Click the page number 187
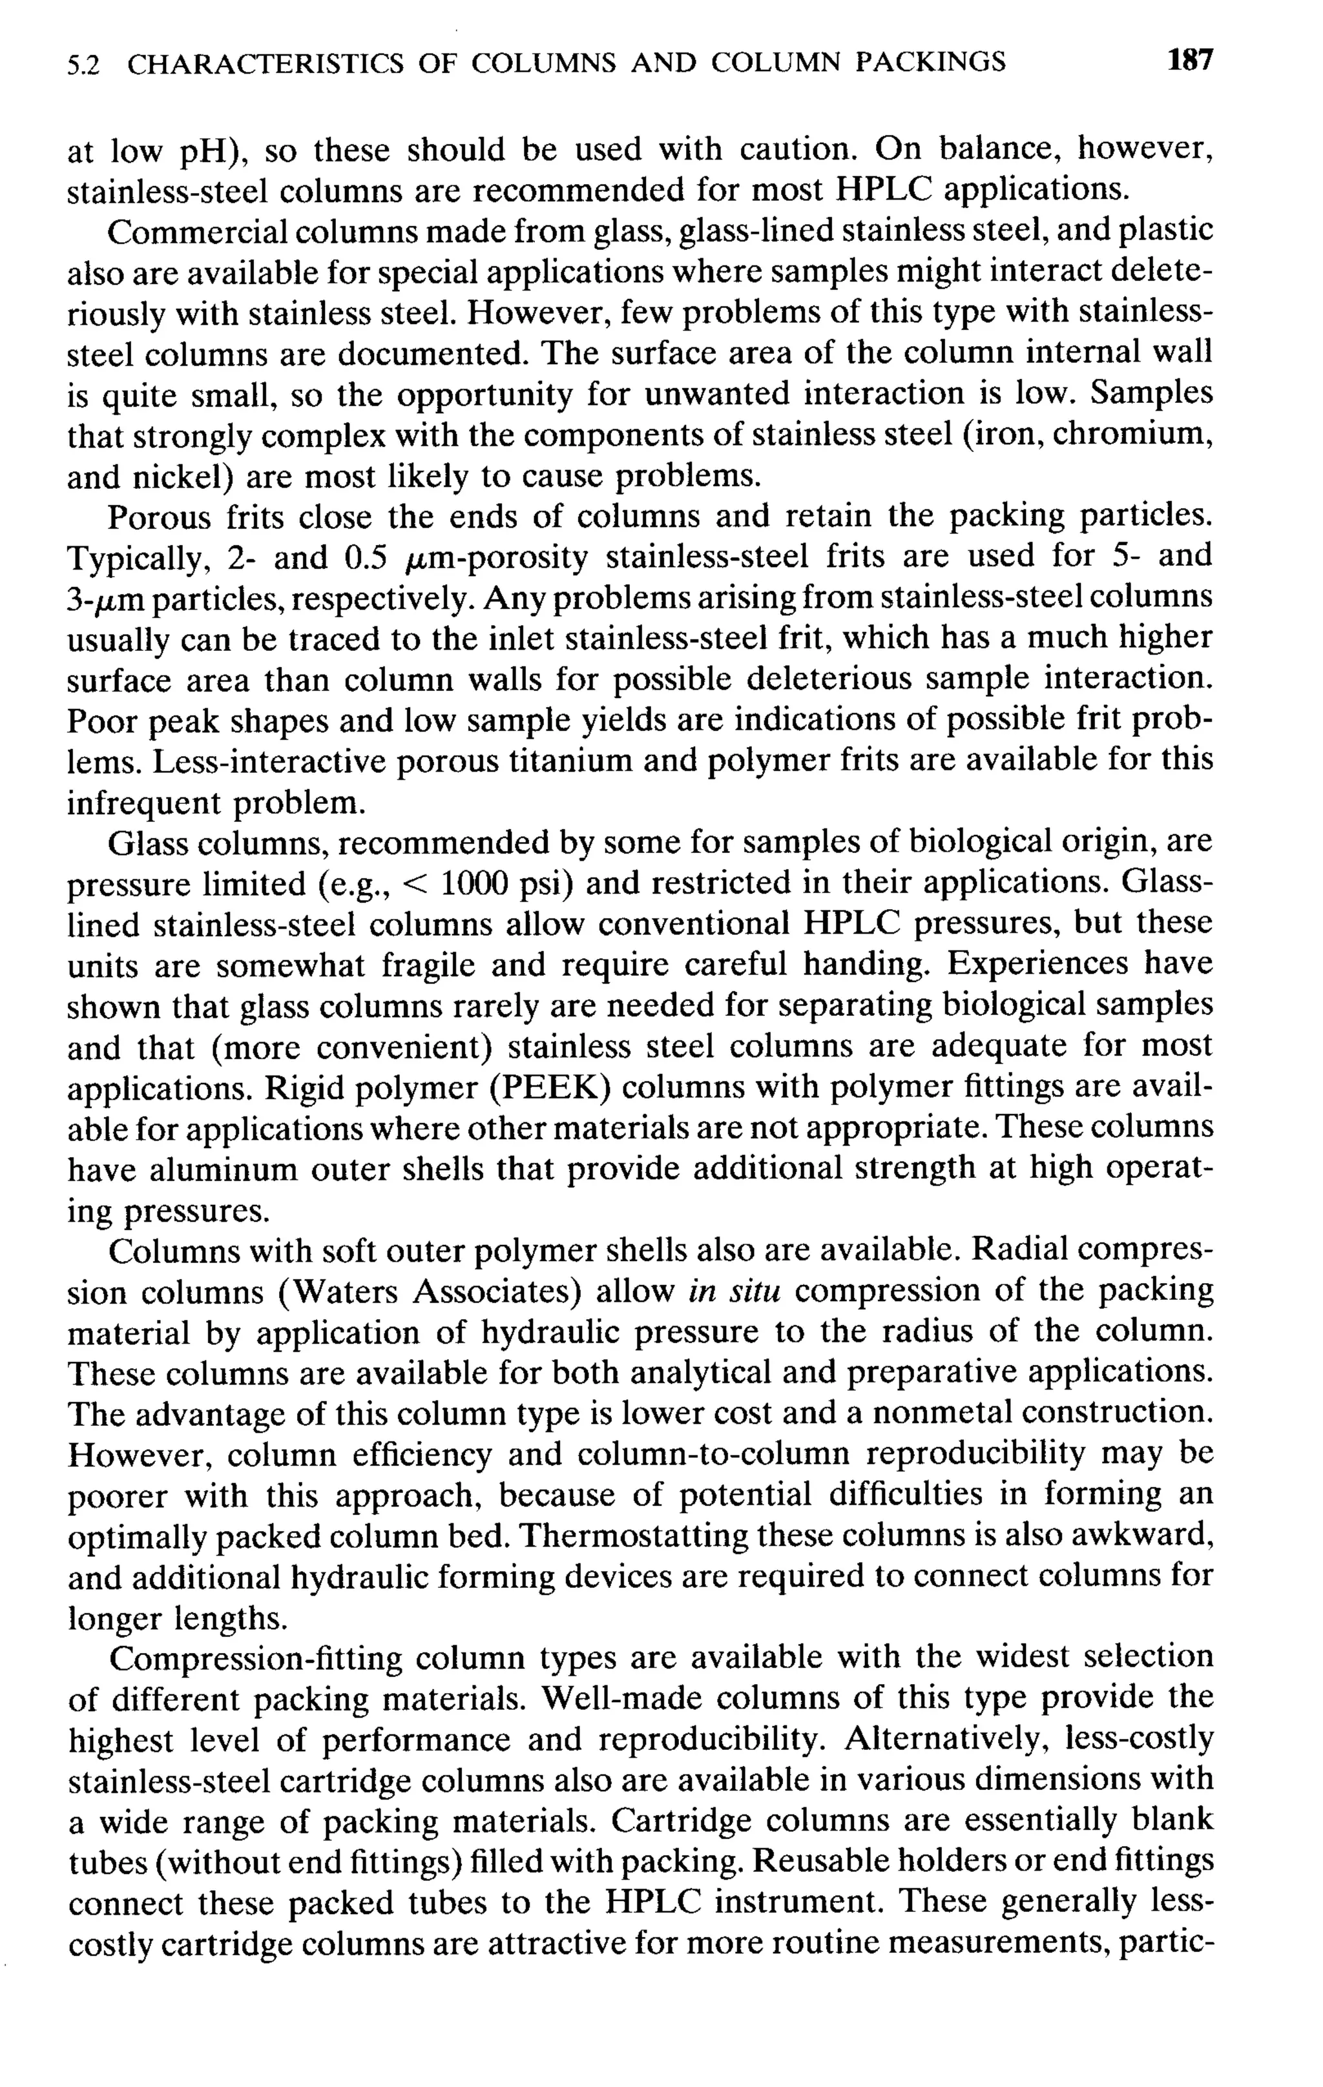1189,60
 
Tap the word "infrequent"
145,803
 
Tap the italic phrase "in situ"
735,1291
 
